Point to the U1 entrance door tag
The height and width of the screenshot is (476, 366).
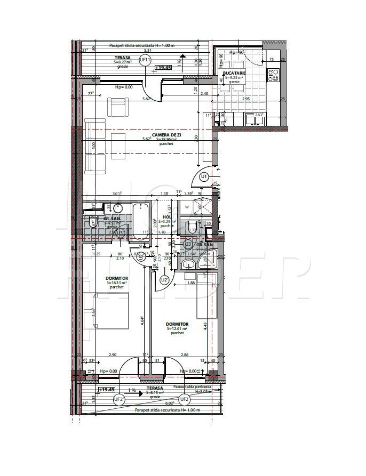coord(204,176)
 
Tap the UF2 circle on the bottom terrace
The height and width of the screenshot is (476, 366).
coord(184,399)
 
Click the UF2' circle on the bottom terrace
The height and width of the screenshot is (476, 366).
coord(121,399)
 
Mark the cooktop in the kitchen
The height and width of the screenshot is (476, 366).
coord(273,75)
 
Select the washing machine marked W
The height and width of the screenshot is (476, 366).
coord(187,207)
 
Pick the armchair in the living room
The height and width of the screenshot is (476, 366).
coord(118,109)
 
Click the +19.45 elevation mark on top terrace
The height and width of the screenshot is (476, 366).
coord(162,68)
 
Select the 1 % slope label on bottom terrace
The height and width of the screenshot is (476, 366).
coord(132,390)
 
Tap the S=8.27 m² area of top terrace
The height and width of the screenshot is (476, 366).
coord(124,62)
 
